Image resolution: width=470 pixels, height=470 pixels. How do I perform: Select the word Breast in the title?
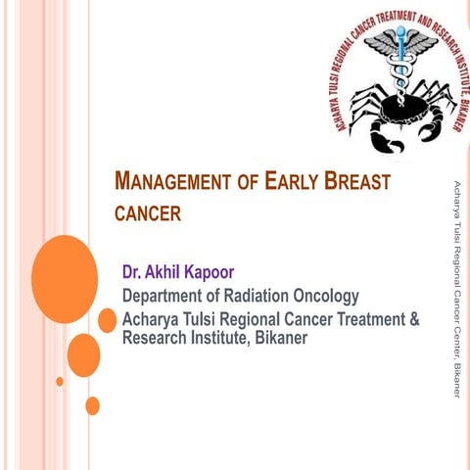coord(356,182)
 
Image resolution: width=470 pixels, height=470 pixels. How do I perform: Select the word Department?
coord(164,296)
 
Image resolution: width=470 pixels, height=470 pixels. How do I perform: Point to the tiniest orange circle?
coord(60,381)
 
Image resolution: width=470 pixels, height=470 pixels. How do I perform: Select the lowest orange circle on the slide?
coord(92,405)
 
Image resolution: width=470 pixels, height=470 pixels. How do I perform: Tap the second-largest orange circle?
coord(83,354)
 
